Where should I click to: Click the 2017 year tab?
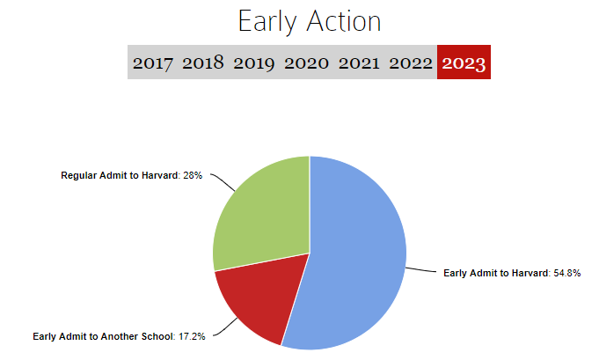click(x=153, y=62)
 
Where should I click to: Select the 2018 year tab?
click(x=203, y=62)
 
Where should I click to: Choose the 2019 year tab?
click(x=254, y=63)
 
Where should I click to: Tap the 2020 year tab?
click(x=306, y=62)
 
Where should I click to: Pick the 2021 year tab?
click(x=359, y=62)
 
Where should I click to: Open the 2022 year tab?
click(x=411, y=62)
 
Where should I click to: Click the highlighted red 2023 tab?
click(x=464, y=62)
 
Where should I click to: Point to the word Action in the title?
click(x=344, y=21)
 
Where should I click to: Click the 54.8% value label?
click(x=567, y=273)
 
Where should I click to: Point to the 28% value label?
click(x=193, y=175)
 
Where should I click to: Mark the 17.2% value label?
click(x=192, y=336)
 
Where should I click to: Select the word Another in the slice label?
click(x=120, y=336)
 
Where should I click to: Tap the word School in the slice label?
click(x=157, y=336)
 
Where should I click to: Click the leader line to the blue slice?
click(x=420, y=270)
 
